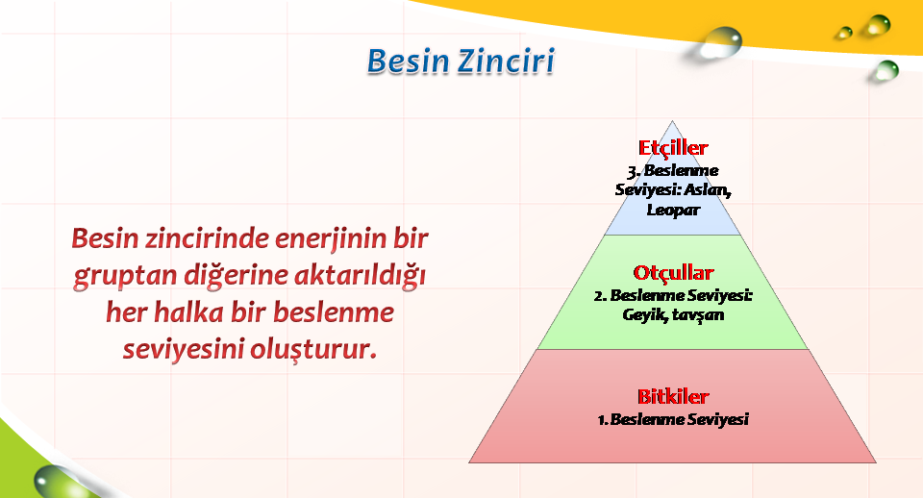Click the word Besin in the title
[x=409, y=62]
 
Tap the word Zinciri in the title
[x=507, y=62]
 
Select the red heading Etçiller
[x=673, y=148]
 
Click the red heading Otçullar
[x=673, y=272]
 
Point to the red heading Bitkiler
[x=673, y=396]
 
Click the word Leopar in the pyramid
[x=673, y=210]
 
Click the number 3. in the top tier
[x=634, y=171]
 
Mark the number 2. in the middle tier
[x=600, y=295]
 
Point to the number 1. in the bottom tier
[x=602, y=420]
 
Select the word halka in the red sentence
[x=188, y=312]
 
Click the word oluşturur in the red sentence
[x=311, y=349]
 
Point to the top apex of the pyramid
[x=672, y=121]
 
